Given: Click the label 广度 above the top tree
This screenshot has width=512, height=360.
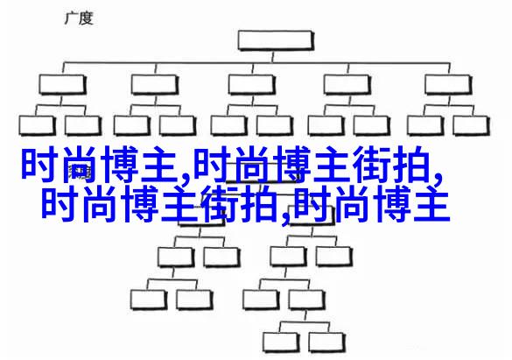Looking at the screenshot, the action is coord(79,18).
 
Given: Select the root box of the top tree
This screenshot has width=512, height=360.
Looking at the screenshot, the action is coord(276,40).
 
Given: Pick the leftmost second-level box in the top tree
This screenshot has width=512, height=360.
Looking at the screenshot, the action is coord(62,85).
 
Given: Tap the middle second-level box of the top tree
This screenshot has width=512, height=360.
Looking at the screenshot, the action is coord(251,85).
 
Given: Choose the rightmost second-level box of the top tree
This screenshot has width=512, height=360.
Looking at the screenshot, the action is coord(448,85).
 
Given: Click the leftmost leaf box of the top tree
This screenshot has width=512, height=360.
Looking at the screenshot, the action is coord(37,125).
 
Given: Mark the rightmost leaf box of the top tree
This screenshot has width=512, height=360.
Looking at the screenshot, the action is coord(471,125).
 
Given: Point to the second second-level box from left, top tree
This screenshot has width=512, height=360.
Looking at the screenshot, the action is coord(155,85).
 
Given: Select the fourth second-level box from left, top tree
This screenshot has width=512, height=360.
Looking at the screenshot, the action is coord(347,85).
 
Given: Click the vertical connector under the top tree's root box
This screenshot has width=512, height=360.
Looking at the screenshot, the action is coord(273,57).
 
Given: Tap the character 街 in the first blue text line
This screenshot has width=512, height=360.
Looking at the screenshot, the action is coord(372,165).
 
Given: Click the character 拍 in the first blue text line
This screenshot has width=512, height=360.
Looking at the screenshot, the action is coord(411,165).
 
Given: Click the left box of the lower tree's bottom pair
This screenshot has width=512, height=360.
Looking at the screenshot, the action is coord(281,342).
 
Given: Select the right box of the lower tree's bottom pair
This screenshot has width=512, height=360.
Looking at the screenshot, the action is coord(326,342).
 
